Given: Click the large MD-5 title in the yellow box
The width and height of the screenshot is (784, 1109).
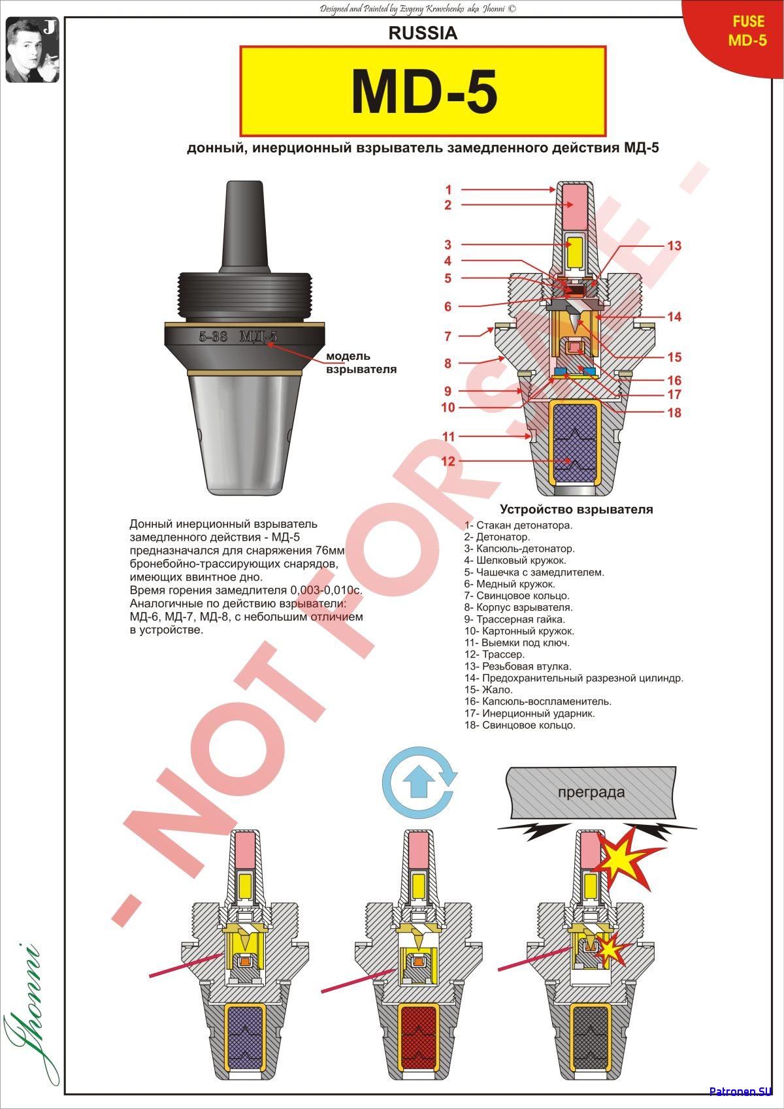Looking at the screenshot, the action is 424,92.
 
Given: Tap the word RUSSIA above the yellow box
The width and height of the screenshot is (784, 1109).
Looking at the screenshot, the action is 423,33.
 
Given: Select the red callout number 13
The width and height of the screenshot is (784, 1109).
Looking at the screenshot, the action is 674,246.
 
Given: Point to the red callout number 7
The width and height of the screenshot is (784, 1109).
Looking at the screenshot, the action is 448,336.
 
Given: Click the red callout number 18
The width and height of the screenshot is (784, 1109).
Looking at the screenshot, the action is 674,412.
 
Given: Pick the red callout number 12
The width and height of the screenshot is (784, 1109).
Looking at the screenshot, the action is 448,461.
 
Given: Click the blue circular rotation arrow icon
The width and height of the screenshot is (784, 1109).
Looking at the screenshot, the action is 419,782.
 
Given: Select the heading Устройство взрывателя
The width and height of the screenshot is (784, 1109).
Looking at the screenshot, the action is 576,509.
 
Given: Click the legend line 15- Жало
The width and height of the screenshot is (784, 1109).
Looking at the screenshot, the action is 488,690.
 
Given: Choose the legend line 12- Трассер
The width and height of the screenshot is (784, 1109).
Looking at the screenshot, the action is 495,654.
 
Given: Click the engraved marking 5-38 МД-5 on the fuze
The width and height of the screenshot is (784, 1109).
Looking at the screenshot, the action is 238,336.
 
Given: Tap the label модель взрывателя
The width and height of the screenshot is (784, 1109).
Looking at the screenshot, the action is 361,362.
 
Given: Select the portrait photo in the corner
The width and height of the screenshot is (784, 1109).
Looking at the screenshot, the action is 32,50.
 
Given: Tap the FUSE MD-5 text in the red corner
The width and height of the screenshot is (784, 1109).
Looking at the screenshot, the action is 748,31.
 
